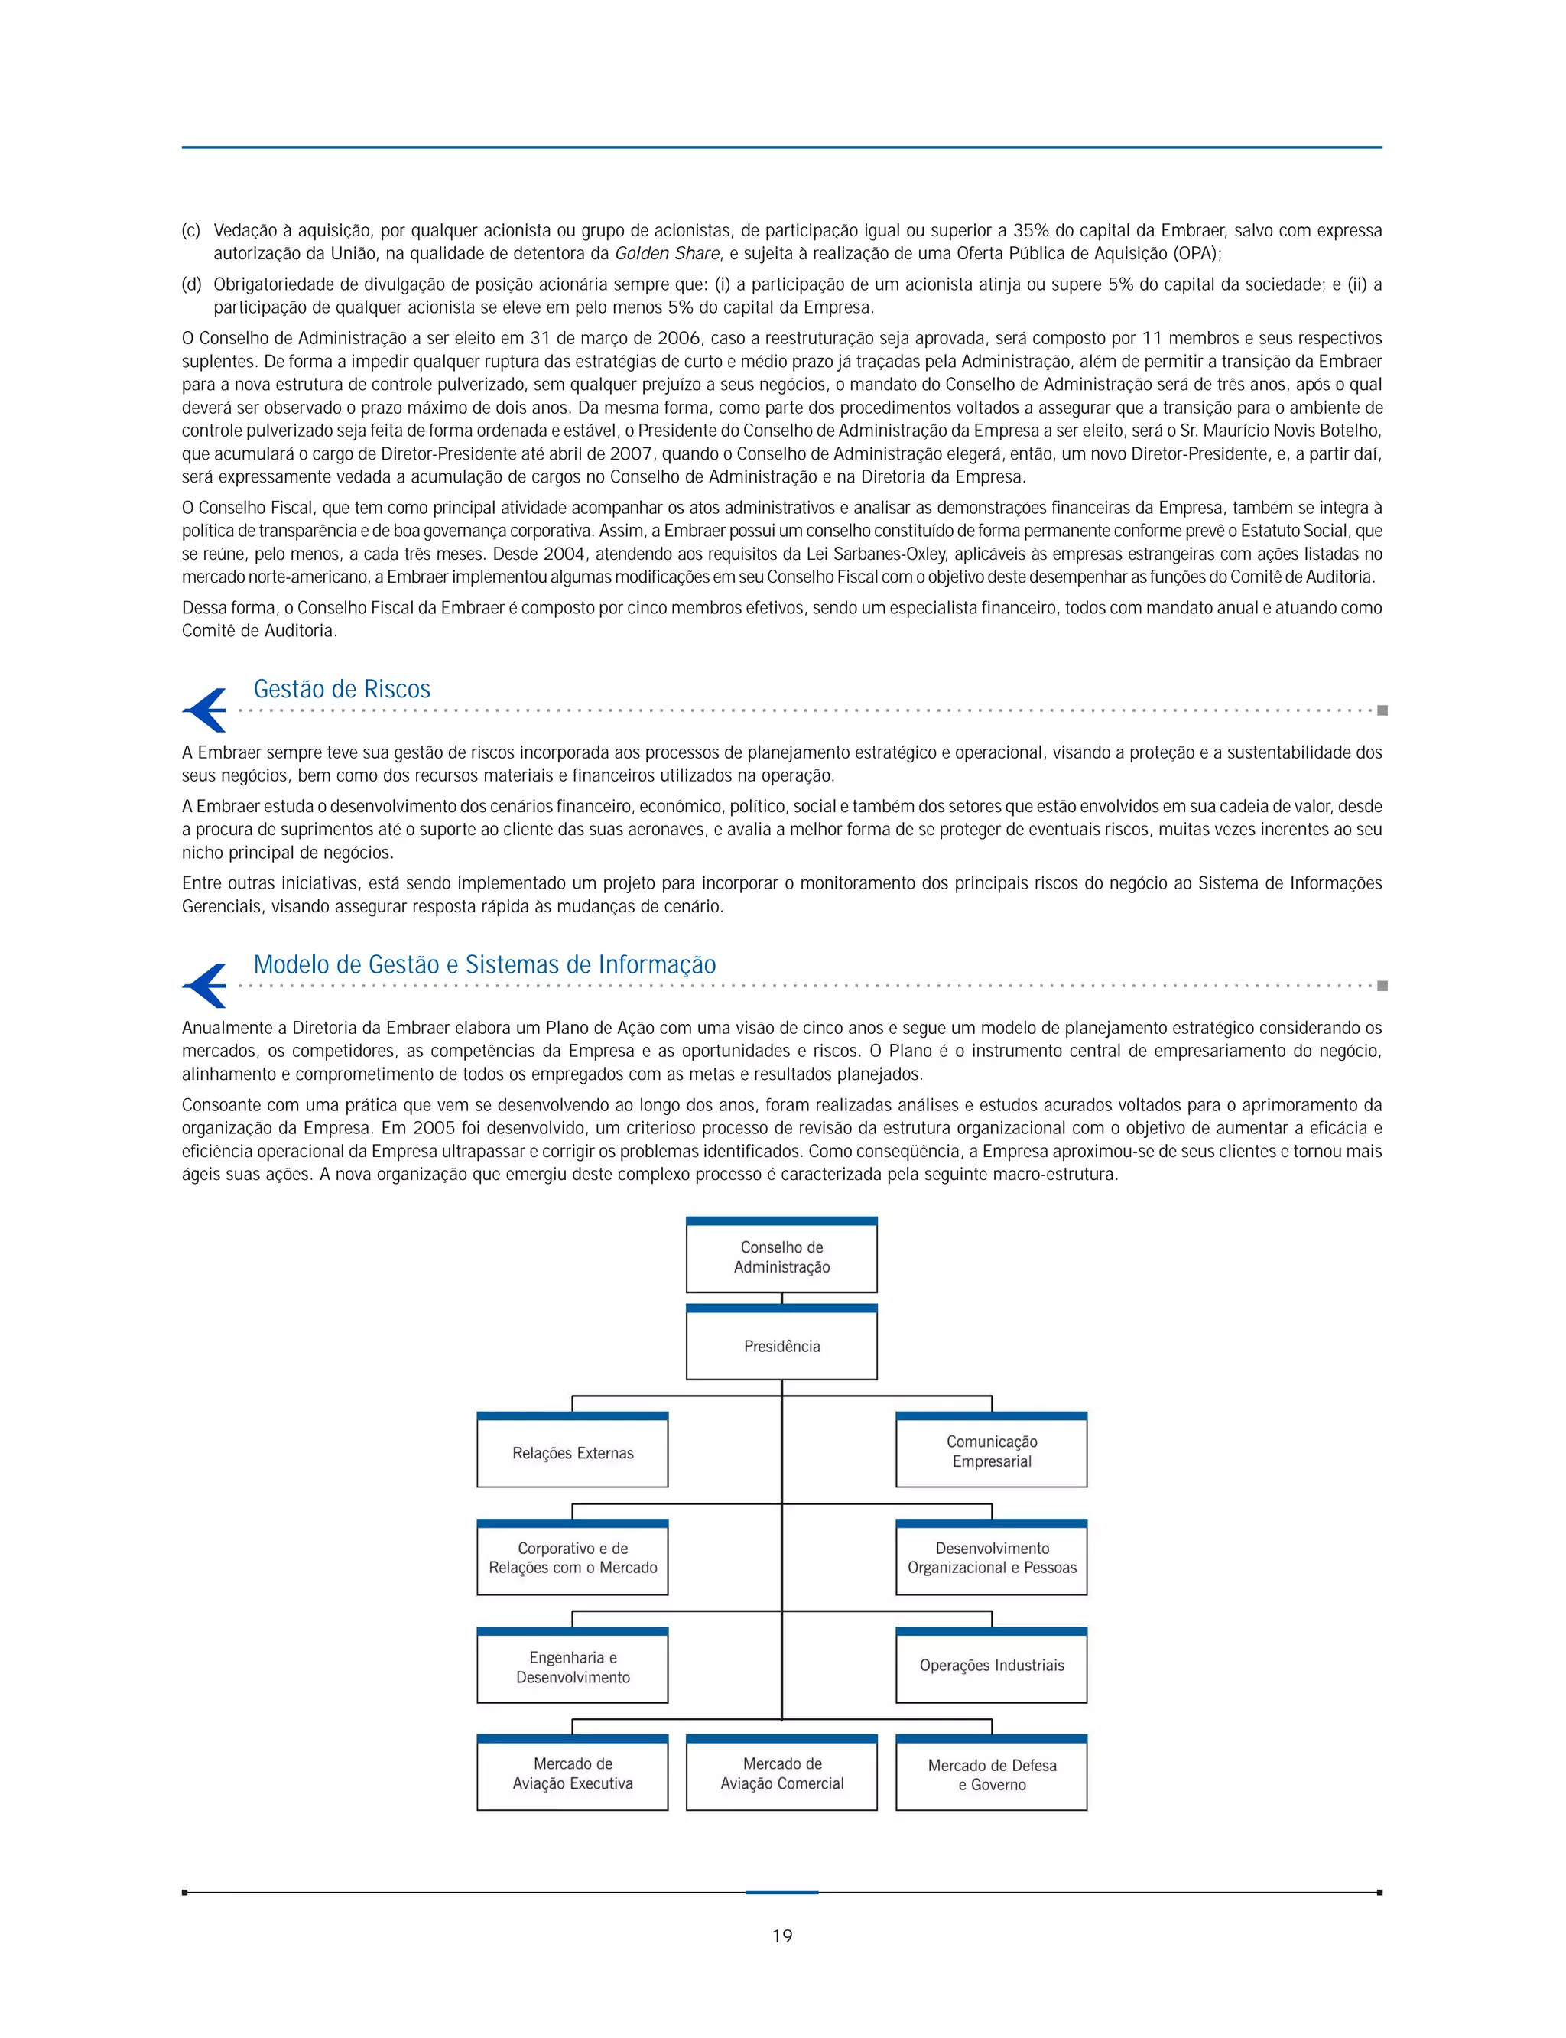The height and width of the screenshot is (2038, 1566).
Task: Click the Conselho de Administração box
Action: point(781,1256)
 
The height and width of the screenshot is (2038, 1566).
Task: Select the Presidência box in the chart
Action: point(781,1345)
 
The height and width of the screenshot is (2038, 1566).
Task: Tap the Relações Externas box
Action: point(572,1452)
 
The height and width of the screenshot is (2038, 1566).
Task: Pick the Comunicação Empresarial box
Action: point(991,1451)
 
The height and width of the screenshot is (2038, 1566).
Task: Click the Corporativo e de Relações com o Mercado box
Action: point(572,1558)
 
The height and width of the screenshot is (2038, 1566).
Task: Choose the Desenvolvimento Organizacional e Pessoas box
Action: point(991,1558)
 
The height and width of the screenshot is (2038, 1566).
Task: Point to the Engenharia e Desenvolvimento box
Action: point(572,1667)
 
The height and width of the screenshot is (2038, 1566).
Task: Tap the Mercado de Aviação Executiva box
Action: point(572,1773)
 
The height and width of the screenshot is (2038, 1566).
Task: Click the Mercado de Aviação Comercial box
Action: point(781,1773)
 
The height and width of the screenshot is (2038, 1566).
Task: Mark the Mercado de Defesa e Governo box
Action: point(991,1774)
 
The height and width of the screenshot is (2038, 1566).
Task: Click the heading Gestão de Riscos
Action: point(341,689)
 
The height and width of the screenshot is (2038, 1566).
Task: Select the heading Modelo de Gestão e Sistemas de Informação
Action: point(484,964)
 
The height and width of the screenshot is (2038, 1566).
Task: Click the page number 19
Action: point(782,1936)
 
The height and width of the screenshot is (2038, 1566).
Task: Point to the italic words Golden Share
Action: point(667,254)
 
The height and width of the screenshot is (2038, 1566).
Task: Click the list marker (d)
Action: point(191,284)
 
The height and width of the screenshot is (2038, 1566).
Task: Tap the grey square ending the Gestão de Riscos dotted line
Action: point(1382,710)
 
